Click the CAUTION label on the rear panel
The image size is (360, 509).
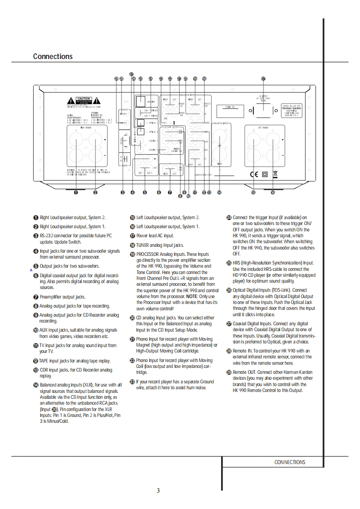coord(84,98)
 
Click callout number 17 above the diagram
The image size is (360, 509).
coord(263,78)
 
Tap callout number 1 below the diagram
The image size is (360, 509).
coord(76,192)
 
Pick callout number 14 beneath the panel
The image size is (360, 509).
coord(219,192)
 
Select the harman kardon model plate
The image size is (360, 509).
coord(291,109)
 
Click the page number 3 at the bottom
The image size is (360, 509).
coord(158,490)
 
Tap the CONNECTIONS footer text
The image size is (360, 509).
coord(290,462)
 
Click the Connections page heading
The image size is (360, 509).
coord(53,57)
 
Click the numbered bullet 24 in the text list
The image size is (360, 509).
coord(229,218)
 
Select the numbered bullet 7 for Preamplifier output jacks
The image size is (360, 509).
coord(35,297)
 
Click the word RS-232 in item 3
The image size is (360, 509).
coord(47,236)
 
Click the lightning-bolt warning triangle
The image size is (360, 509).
coord(71,100)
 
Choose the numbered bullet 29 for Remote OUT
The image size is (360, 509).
coord(229,372)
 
